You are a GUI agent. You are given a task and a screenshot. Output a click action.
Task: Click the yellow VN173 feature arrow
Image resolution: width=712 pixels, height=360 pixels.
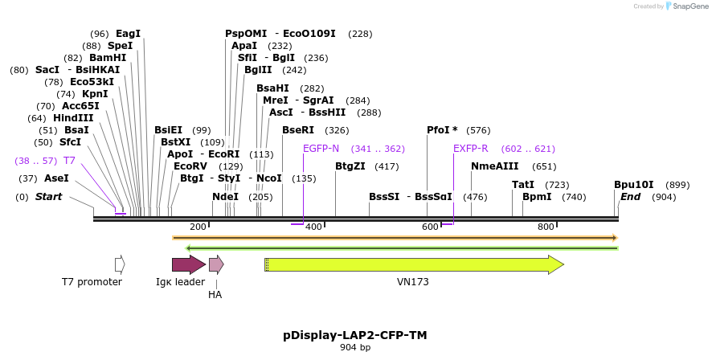pos(413,264)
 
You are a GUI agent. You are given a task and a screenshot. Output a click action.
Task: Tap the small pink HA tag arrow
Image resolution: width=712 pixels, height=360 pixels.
pos(215,264)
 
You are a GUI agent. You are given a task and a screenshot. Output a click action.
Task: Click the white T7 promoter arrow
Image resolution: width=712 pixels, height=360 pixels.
pos(120,264)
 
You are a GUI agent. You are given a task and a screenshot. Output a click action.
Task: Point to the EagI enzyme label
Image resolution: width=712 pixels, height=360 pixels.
pos(128,34)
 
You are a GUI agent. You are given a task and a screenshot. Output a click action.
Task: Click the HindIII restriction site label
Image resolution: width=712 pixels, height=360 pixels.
pos(73,118)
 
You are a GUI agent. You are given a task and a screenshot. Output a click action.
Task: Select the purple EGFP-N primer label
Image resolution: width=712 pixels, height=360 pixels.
pos(321,149)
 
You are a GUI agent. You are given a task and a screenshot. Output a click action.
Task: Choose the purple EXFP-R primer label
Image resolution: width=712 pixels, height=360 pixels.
pos(470,149)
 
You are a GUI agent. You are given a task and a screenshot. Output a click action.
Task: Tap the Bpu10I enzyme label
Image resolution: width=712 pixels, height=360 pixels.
pos(634,185)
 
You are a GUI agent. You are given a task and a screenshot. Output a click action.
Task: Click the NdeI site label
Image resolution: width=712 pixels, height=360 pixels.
pos(225,197)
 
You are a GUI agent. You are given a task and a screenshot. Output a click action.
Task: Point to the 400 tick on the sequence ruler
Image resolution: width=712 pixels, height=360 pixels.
pos(313,227)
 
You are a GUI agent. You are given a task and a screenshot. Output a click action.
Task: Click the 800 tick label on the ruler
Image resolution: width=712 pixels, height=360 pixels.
pos(546,227)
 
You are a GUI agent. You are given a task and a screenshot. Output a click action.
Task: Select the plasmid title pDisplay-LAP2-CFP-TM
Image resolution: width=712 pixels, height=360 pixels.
pos(355,334)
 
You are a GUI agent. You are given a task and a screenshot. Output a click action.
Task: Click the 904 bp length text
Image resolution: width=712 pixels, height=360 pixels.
pos(355,348)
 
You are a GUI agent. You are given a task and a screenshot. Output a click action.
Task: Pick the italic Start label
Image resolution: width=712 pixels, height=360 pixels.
pos(48,197)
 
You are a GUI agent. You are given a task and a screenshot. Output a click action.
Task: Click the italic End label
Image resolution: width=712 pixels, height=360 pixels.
pos(631,197)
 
